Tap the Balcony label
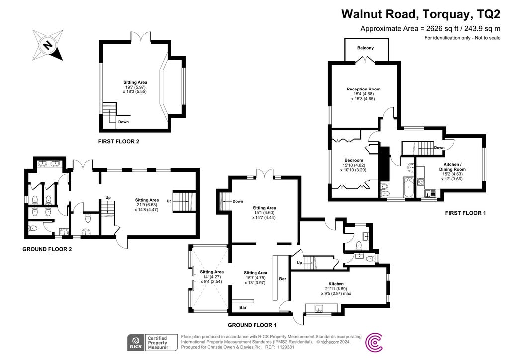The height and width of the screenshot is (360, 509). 365,48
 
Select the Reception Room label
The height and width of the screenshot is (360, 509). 363,89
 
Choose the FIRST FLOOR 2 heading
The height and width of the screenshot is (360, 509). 118,142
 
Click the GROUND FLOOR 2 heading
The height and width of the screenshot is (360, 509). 47,249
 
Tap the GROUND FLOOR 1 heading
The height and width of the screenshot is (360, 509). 252,325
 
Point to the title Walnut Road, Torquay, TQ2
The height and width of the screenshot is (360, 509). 421,13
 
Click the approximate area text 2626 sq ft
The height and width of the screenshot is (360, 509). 430,28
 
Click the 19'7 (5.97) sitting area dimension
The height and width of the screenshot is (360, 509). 135,87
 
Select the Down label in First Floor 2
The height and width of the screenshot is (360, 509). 124,122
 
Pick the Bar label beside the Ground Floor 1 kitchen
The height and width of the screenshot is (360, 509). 283,279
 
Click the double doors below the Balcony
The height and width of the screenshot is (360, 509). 365,59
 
